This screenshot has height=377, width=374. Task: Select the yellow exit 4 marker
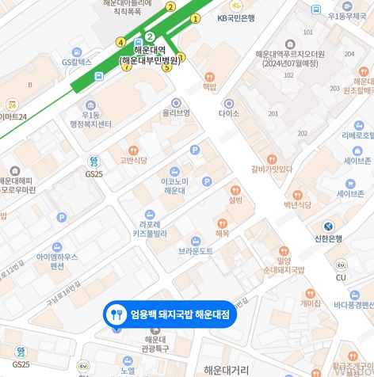tap(120, 42)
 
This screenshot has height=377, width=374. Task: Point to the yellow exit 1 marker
tap(196, 18)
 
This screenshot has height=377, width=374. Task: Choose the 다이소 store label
tap(229, 113)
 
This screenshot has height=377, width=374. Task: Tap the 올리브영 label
tap(176, 112)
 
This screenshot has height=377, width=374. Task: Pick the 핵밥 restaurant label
tap(209, 87)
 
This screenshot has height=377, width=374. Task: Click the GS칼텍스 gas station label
tap(77, 61)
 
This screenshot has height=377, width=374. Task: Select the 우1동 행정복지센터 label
tap(90, 120)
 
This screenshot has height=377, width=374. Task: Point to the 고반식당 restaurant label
tap(133, 160)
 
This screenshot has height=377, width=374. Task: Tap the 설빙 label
tap(235, 200)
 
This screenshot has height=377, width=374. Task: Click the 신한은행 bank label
tap(328, 238)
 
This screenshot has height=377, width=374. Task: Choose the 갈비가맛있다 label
tap(272, 169)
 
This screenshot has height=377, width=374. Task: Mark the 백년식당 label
tap(298, 205)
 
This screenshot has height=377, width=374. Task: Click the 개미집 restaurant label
tap(311, 303)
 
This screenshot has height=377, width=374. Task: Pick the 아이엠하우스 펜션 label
tap(57, 261)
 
